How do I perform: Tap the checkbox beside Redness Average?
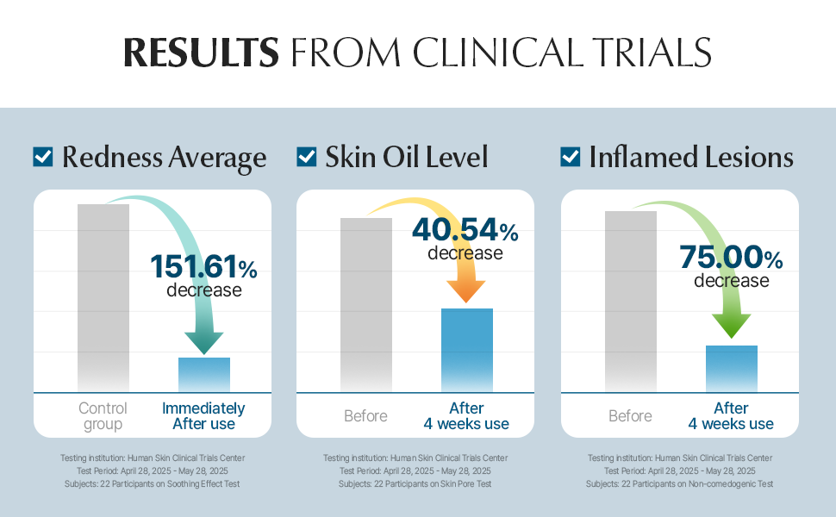tap(43, 157)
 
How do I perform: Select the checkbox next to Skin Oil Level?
tap(306, 157)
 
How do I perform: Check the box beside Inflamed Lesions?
tap(570, 157)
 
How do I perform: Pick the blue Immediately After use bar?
tap(204, 375)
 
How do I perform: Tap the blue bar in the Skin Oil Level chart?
tap(467, 350)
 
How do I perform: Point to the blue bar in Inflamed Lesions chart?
tap(731, 369)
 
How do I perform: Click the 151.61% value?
tap(204, 267)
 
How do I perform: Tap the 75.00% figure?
tap(731, 258)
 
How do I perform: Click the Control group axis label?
tap(103, 416)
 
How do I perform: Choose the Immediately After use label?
tap(203, 416)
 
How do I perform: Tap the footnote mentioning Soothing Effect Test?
tap(152, 484)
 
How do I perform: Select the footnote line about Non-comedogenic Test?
tap(679, 484)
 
